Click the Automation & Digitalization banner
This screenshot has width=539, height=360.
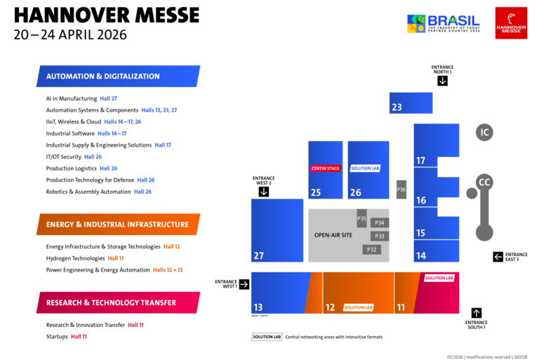[x=118, y=76]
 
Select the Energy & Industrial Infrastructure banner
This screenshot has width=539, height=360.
[x=118, y=225]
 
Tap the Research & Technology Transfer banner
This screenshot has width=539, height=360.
[x=118, y=302]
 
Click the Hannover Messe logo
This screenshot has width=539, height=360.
[x=511, y=22]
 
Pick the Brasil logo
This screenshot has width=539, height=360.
[x=443, y=22]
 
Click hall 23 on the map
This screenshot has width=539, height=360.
[x=411, y=103]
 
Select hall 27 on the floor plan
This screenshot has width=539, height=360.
[x=277, y=230]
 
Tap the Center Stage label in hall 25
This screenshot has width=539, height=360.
[x=325, y=168]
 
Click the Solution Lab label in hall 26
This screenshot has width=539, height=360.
[x=365, y=168]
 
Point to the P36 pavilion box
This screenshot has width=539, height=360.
[x=401, y=189]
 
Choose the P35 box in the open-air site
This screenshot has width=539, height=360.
[x=361, y=218]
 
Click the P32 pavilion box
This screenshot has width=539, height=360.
[x=372, y=249]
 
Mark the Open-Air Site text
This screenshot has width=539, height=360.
[x=333, y=234]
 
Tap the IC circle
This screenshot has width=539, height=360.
[x=484, y=132]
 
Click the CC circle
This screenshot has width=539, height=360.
[x=484, y=182]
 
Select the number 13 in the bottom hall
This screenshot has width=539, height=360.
[x=258, y=307]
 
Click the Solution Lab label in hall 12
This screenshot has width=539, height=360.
[x=358, y=307]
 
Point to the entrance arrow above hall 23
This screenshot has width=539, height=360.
[x=442, y=81]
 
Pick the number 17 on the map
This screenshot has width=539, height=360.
[x=421, y=161]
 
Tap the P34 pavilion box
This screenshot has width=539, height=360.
[x=380, y=223]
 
